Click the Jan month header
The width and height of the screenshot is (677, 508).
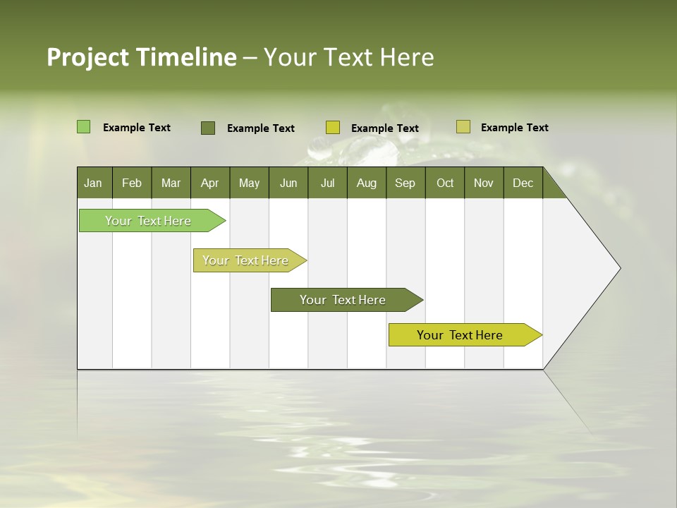click(94, 183)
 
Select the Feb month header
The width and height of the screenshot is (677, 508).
click(132, 183)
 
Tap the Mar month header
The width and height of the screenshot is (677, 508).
click(171, 183)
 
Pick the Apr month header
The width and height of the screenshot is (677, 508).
click(210, 183)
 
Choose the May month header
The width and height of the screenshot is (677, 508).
click(249, 183)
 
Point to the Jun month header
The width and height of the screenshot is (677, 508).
click(288, 183)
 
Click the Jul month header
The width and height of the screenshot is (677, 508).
click(327, 183)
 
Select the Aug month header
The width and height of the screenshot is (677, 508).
click(367, 183)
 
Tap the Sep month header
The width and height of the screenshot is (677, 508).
click(405, 183)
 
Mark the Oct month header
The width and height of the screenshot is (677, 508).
click(445, 183)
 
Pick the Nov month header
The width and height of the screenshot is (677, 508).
click(484, 183)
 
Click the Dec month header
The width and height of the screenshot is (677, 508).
click(523, 183)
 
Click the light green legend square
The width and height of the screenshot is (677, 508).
click(83, 127)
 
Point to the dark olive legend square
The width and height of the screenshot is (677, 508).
click(208, 128)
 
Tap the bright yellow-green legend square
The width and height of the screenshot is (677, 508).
click(333, 128)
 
